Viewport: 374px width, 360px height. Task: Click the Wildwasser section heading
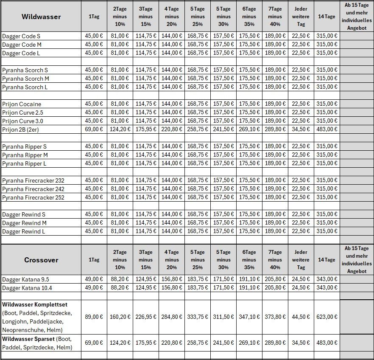pos(41,17)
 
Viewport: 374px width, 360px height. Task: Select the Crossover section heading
pos(41,260)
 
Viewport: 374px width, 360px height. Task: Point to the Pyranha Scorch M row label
pos(25,79)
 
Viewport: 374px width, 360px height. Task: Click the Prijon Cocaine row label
pos(22,104)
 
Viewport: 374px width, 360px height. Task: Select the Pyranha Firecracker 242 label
pos(33,189)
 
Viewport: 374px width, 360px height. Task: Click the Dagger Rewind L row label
pos(24,231)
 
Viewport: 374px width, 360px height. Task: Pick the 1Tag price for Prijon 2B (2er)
pos(94,129)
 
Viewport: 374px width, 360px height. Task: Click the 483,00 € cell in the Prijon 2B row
pos(327,129)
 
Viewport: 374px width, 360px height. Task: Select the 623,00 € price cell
pos(327,317)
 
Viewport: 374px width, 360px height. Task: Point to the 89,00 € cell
pos(94,317)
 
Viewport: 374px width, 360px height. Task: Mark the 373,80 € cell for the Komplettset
pos(275,317)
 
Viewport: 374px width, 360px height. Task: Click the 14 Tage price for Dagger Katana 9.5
pos(327,279)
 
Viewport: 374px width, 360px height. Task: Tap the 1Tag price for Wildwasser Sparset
pos(94,343)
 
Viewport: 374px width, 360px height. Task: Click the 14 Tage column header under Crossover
pos(327,260)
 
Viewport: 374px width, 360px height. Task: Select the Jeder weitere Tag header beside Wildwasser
pos(301,17)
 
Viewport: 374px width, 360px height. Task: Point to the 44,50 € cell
pos(301,317)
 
